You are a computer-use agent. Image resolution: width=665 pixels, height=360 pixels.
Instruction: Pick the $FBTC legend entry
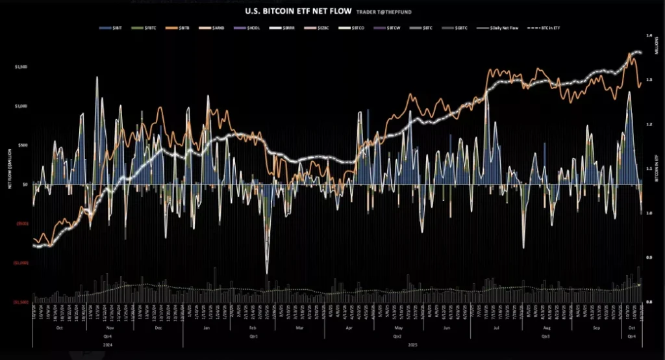[x=146, y=29]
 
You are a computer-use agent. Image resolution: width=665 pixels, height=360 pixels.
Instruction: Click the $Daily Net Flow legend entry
[x=500, y=29]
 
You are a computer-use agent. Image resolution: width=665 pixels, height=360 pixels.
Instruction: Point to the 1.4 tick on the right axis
[x=649, y=36]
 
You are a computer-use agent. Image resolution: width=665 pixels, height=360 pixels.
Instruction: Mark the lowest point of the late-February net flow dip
[x=267, y=274]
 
